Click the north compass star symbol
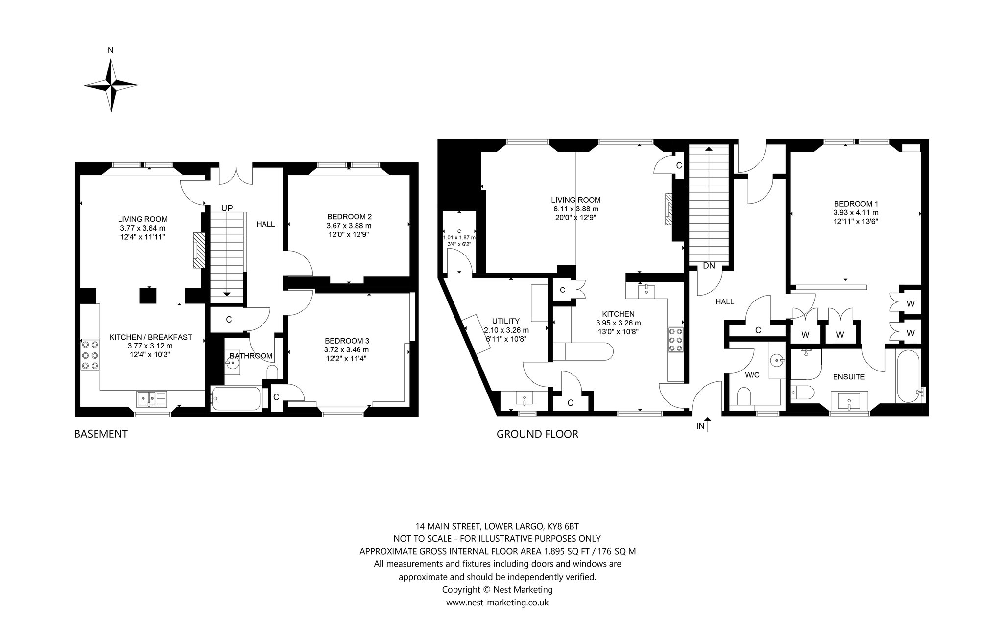pyautogui.click(x=111, y=85)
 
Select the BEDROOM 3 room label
pyautogui.click(x=347, y=341)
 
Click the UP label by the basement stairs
pyautogui.click(x=227, y=208)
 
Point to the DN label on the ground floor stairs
pyautogui.click(x=709, y=266)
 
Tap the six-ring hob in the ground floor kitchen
pyautogui.click(x=675, y=339)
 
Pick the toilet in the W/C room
pyautogui.click(x=743, y=396)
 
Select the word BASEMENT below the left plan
pyautogui.click(x=101, y=434)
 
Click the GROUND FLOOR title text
pyautogui.click(x=537, y=434)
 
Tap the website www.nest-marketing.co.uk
pyautogui.click(x=497, y=603)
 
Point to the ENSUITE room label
pyautogui.click(x=849, y=377)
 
